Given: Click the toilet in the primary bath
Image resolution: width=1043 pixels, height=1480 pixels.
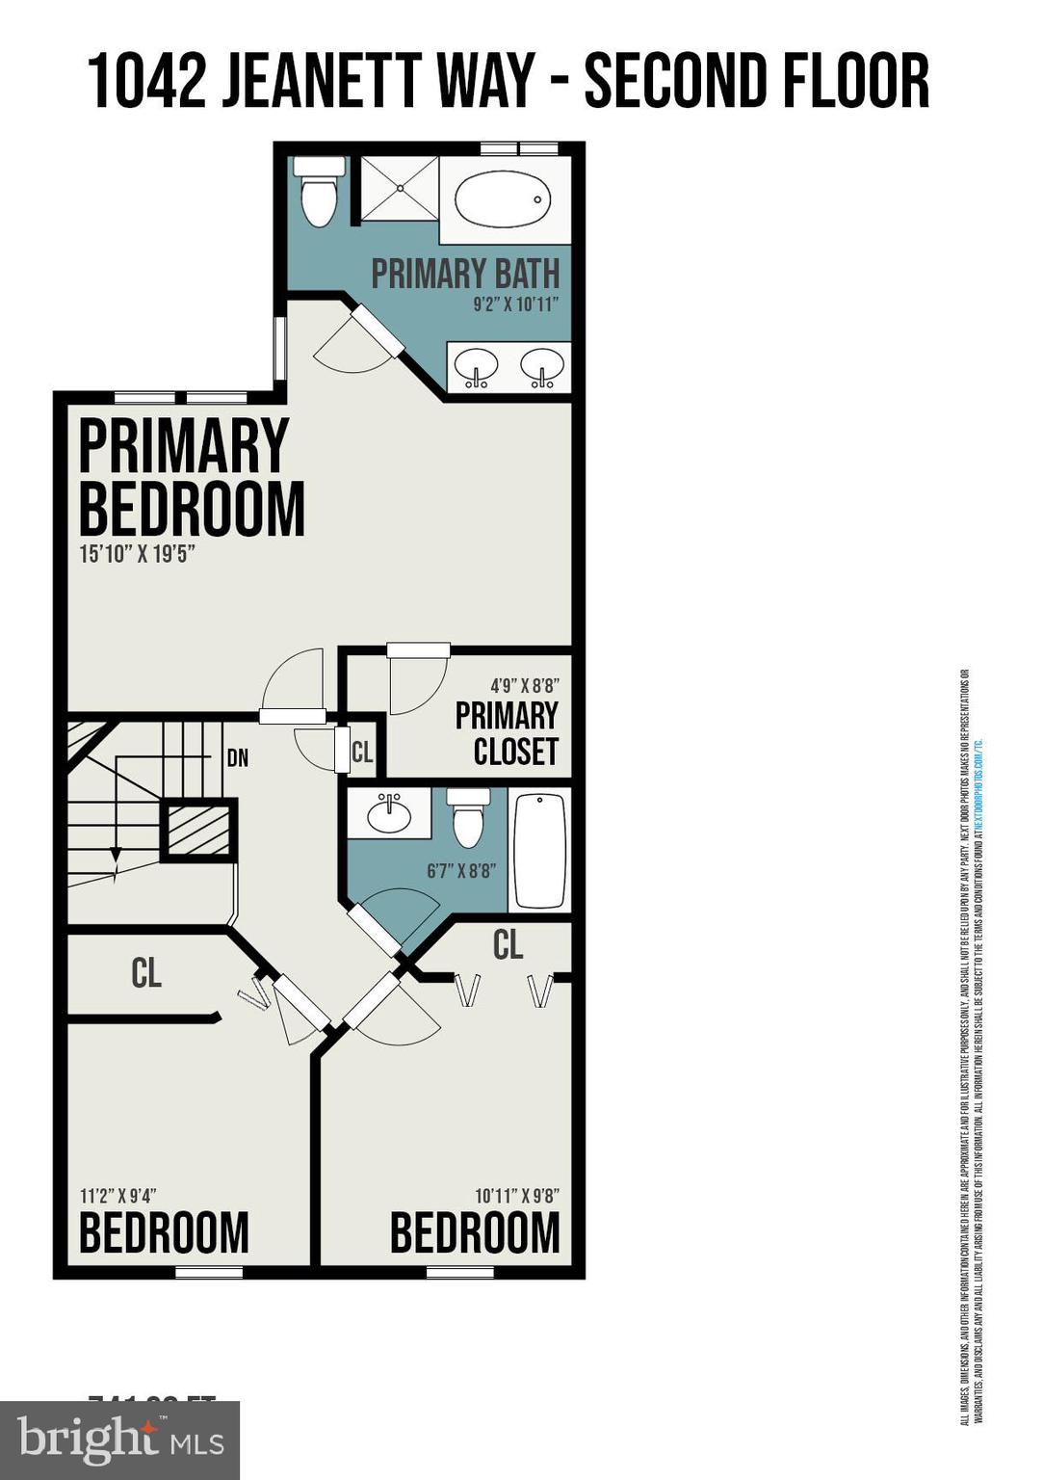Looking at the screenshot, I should [319, 194].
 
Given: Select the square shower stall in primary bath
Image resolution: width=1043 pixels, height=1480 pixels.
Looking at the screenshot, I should [399, 189].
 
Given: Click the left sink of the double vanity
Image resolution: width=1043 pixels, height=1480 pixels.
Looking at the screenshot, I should [476, 367].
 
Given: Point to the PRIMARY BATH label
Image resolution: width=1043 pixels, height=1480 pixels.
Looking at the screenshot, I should [465, 274].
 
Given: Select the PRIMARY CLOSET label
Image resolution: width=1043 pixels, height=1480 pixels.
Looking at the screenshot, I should [507, 733].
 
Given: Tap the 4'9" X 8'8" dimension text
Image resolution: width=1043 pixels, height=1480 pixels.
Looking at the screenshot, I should [524, 686].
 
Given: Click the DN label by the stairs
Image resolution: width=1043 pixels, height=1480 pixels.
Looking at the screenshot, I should [238, 758].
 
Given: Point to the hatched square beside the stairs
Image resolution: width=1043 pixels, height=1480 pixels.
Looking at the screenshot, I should [198, 829].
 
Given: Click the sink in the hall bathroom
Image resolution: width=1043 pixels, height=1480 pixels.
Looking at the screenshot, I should [390, 814].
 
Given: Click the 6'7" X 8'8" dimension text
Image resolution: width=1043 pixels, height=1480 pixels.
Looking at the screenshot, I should [461, 870].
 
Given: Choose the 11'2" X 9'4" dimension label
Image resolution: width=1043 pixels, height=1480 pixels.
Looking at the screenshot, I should [117, 1196].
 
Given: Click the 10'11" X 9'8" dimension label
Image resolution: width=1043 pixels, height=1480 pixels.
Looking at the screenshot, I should [517, 1196].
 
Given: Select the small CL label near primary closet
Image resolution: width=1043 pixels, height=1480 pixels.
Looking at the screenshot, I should [362, 752].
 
